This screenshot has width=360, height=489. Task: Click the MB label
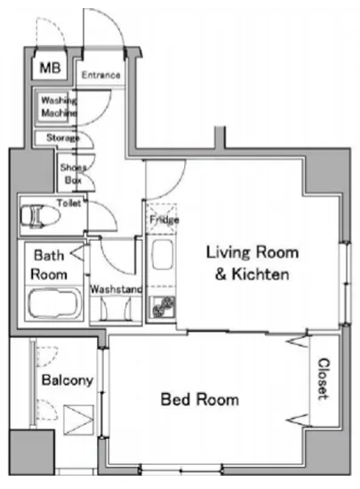click(50, 68)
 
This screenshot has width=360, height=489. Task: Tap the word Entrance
click(100, 75)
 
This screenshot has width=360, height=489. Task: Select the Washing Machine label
click(59, 107)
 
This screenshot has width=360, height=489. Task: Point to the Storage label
click(62, 138)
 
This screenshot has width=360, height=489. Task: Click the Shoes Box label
click(73, 173)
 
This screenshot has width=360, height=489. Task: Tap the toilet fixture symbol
click(40, 215)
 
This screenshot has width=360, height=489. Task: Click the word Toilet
click(68, 203)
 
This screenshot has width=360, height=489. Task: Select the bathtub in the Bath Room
click(55, 303)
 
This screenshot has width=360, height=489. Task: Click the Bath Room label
click(49, 265)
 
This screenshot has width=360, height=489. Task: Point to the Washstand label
click(116, 289)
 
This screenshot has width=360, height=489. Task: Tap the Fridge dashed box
click(162, 219)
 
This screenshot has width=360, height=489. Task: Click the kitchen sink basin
click(162, 254)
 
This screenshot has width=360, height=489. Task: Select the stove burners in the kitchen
click(163, 307)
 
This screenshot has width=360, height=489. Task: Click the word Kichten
click(260, 274)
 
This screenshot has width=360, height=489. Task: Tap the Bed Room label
click(200, 399)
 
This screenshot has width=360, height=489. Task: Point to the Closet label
click(324, 379)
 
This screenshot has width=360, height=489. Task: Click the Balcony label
click(68, 381)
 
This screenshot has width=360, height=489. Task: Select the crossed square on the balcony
click(78, 420)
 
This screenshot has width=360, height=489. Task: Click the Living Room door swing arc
click(174, 187)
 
